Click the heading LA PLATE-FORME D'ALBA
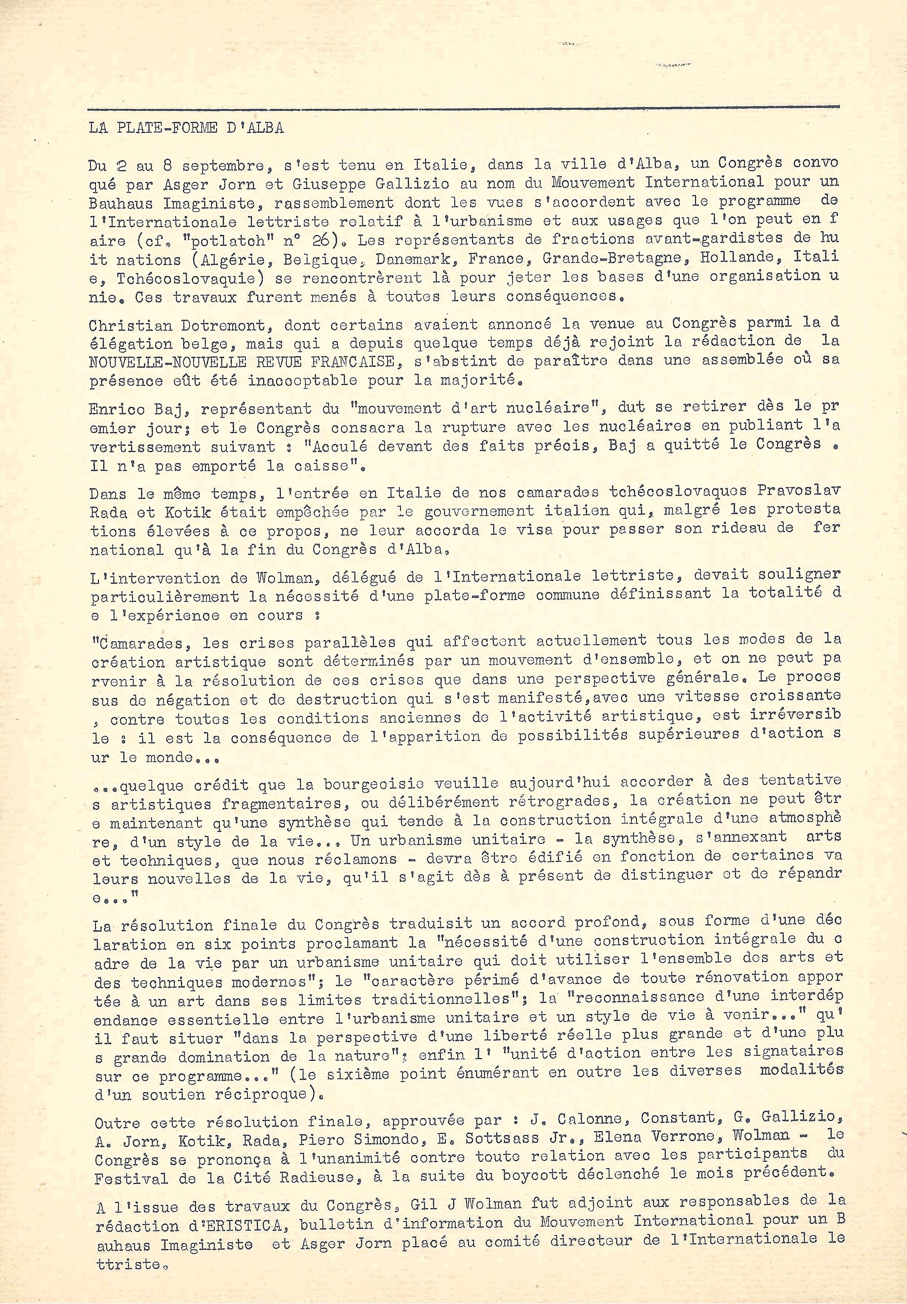[x=186, y=128]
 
